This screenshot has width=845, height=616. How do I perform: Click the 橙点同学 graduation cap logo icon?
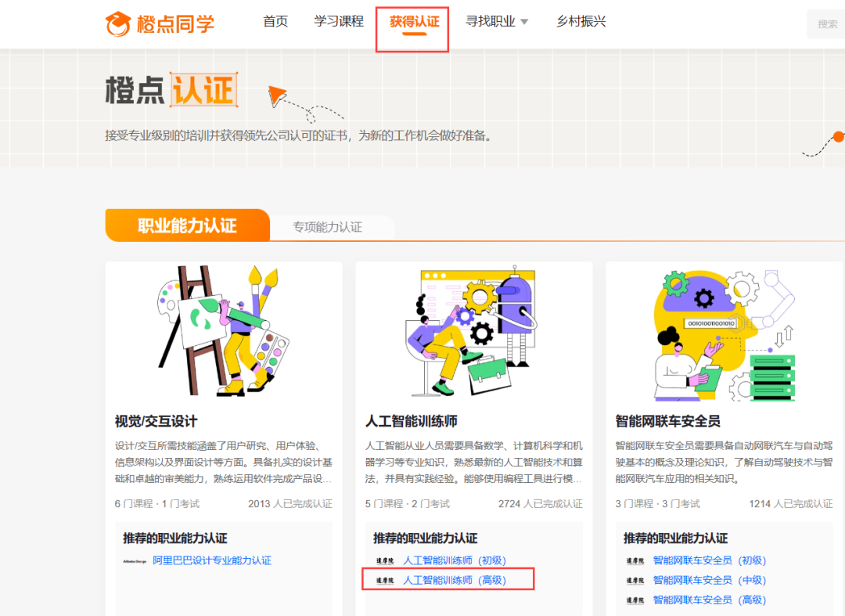(x=118, y=23)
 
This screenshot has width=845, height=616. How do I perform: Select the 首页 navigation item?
(x=275, y=22)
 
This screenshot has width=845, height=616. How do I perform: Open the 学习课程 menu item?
(x=339, y=22)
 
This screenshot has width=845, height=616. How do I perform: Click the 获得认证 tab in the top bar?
(x=414, y=22)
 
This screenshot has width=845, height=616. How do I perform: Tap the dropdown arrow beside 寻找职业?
(x=524, y=22)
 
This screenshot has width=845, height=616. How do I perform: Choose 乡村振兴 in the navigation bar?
(x=581, y=22)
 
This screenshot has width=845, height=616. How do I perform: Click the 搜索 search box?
(x=826, y=24)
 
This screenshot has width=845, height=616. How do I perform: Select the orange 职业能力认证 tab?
(x=187, y=226)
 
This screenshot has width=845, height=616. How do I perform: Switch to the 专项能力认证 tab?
(x=327, y=227)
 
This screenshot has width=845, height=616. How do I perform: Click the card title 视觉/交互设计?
(x=156, y=421)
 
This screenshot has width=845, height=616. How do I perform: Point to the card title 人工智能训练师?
(x=412, y=421)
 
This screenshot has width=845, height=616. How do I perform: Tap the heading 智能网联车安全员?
(x=668, y=421)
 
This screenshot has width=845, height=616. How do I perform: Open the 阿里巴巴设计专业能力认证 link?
(x=212, y=560)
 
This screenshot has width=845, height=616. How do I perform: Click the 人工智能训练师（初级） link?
(x=455, y=560)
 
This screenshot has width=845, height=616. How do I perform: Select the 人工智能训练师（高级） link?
(x=455, y=580)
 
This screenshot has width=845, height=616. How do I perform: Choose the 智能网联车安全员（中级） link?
(x=710, y=580)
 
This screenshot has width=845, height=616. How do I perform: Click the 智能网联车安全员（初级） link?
(x=710, y=560)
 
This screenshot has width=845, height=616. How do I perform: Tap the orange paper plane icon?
(x=278, y=96)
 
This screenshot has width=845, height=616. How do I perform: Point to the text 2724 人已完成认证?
(x=540, y=504)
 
